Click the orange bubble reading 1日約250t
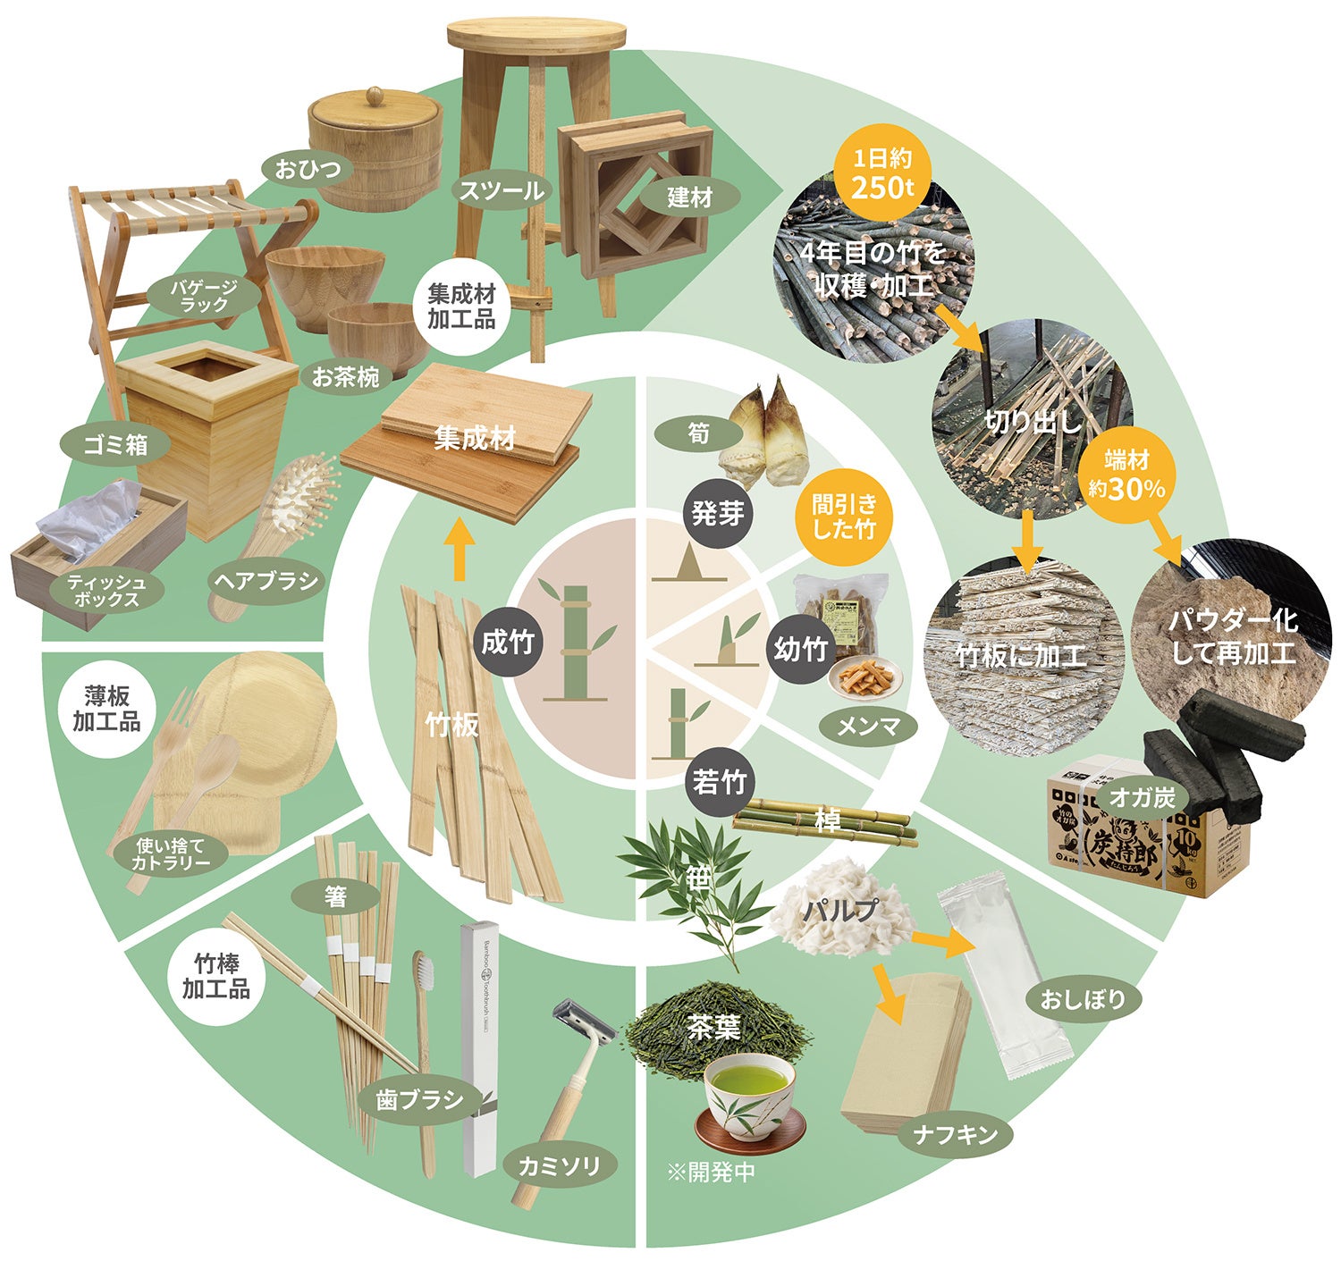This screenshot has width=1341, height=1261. point(881,173)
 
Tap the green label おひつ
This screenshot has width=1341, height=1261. point(308,168)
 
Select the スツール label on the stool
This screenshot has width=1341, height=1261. point(502,191)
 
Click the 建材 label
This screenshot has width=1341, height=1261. point(689,198)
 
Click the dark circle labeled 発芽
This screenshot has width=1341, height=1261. point(718,513)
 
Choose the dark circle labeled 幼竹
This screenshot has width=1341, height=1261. point(801,649)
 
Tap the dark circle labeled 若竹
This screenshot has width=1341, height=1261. point(719,782)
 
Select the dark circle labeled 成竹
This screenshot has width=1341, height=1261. point(509,642)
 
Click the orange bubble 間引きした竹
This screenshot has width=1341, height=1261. point(844,517)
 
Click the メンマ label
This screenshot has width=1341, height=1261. point(868,727)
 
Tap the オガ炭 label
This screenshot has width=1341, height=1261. point(1143,798)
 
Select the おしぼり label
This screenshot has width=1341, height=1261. point(1083,999)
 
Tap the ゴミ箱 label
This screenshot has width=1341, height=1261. point(115,445)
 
